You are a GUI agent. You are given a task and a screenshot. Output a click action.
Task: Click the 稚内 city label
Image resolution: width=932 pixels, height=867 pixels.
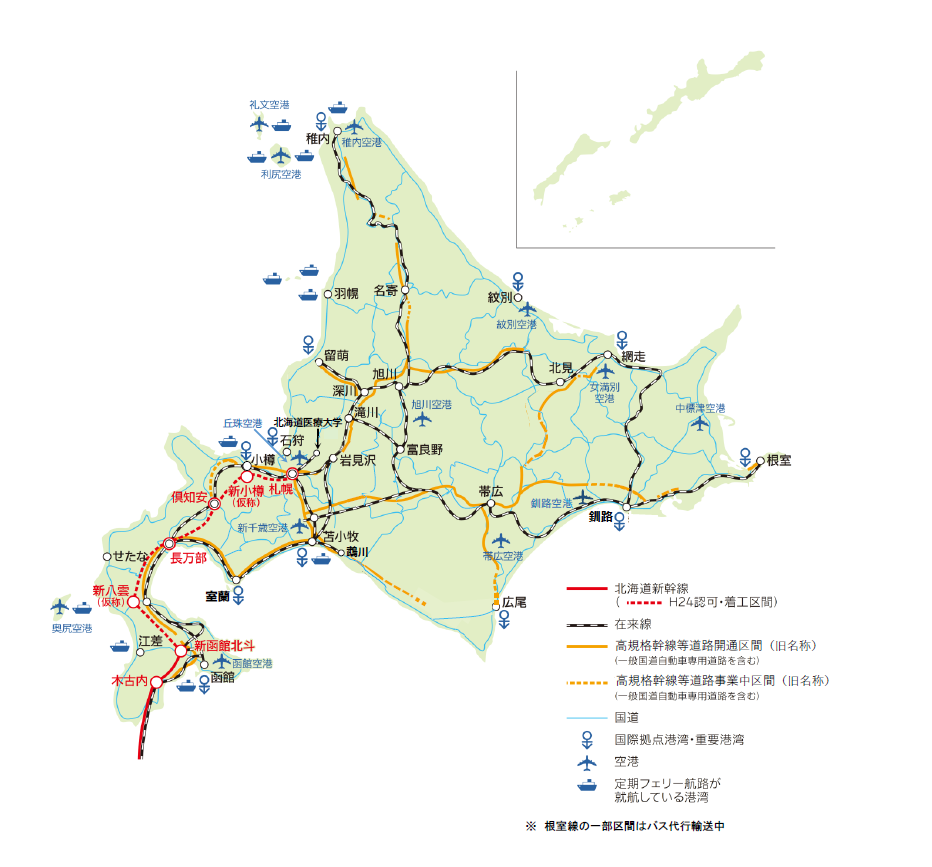coord(318,138)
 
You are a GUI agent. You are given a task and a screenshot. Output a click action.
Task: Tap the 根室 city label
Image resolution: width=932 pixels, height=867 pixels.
coord(778,461)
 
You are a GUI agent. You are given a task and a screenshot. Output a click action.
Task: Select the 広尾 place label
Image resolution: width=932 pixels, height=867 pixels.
coord(514,603)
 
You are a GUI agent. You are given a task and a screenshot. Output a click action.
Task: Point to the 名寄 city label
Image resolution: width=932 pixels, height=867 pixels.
coord(387,291)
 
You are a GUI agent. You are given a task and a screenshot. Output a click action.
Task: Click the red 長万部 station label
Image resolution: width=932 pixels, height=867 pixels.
coord(189,559)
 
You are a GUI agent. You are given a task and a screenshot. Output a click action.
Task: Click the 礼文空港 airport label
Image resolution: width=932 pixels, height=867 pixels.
coord(269,105)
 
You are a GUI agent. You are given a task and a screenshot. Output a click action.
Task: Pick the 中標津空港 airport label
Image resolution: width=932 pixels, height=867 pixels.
coord(700,408)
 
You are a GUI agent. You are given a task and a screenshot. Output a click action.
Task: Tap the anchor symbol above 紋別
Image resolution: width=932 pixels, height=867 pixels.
coord(518,279)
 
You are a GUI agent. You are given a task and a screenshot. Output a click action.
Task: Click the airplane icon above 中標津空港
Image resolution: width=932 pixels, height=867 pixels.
coord(700,424)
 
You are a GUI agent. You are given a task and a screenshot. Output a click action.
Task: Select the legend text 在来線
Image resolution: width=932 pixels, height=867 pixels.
coord(632,625)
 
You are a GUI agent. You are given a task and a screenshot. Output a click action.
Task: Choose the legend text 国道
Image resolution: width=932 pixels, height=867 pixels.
coord(626,717)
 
